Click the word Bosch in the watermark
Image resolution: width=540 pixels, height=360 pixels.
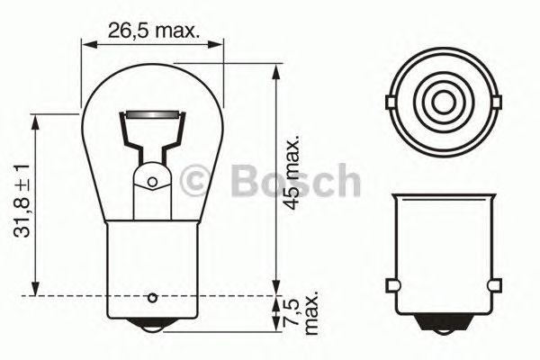(295, 182)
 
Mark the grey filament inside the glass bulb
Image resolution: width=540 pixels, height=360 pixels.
(152, 117)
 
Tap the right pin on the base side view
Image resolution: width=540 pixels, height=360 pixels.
(493, 287)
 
